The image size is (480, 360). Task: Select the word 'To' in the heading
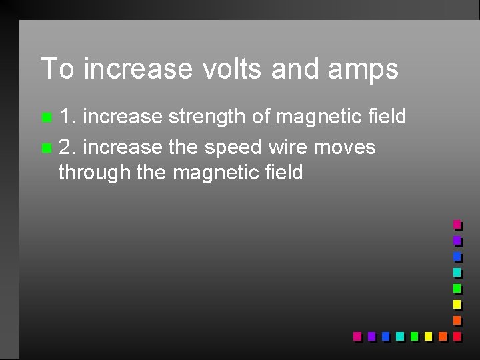[x=57, y=69]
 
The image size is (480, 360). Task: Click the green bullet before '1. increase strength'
[x=45, y=119]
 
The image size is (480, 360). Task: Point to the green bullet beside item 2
[x=45, y=147]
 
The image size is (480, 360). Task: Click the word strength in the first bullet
[x=209, y=117]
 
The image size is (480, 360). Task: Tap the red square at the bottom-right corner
[x=457, y=336]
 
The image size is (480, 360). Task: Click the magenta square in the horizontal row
[x=357, y=336]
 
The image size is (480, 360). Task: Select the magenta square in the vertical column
[x=457, y=225]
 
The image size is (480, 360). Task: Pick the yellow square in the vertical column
[x=457, y=304]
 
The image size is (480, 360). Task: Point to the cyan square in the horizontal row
[x=399, y=336]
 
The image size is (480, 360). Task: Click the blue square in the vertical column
[x=457, y=257]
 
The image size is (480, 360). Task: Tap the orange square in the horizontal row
[x=442, y=336]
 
